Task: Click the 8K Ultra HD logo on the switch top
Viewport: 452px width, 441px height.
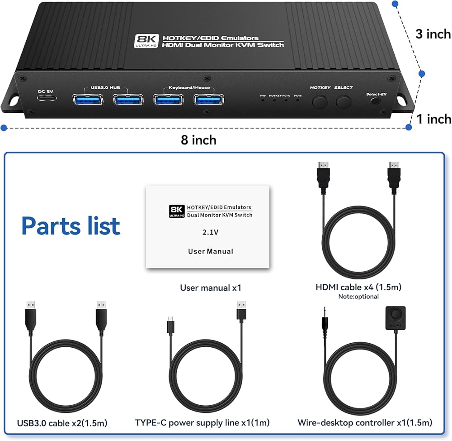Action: click(145, 42)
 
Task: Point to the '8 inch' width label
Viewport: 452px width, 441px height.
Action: click(198, 140)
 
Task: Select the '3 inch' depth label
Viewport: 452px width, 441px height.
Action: click(433, 34)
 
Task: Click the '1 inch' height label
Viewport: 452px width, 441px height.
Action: click(433, 119)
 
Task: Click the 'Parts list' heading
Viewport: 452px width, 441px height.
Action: click(71, 225)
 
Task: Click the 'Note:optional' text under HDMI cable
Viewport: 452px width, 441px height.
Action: click(358, 297)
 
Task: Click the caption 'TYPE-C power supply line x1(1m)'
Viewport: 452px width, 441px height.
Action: click(202, 423)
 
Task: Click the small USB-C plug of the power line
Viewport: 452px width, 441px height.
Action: click(170, 326)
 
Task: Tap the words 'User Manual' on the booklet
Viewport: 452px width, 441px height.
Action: click(210, 251)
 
